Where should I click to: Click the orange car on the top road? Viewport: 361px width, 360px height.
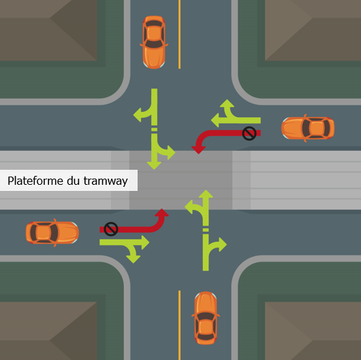click(x=154, y=42)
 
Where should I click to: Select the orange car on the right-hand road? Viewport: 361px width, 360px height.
click(x=308, y=128)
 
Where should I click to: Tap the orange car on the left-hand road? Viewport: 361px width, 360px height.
click(x=52, y=232)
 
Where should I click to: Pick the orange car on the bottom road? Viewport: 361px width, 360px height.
click(x=206, y=318)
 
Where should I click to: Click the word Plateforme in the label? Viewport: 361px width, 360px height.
click(x=35, y=181)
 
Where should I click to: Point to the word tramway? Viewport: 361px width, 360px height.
click(x=106, y=181)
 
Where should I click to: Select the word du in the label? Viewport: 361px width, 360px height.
click(x=73, y=181)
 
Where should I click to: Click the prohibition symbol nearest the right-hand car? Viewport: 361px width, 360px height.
click(x=249, y=133)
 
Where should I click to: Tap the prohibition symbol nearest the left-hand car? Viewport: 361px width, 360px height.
click(x=111, y=229)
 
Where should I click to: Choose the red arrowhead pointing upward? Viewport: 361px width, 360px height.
click(x=162, y=213)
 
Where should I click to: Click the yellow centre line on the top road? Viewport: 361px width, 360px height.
click(x=180, y=34)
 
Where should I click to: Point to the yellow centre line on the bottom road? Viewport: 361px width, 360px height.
click(x=180, y=325)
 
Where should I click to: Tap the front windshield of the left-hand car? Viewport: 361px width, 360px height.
click(x=54, y=232)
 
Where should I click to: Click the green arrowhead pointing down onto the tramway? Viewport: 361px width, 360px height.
click(x=154, y=166)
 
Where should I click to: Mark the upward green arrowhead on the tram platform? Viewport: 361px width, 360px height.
click(x=206, y=194)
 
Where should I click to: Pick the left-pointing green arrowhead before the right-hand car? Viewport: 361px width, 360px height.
click(x=215, y=120)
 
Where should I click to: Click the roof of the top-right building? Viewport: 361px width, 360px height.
click(x=313, y=30)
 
